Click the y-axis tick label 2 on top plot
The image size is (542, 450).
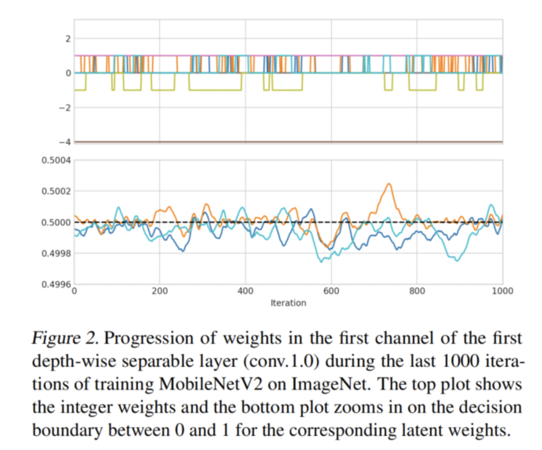coord(68,38)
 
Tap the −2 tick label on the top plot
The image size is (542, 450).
coord(65,108)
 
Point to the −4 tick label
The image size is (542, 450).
coord(65,142)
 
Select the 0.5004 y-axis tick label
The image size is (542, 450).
coord(56,160)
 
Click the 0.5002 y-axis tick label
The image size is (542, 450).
coord(56,191)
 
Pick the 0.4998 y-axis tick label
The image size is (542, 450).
coord(56,253)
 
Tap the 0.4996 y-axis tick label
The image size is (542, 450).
coord(56,284)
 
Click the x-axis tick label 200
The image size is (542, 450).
coord(159,291)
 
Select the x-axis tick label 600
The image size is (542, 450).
coord(331,291)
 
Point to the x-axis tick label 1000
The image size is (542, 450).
coord(502,291)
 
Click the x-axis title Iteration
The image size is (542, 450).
coord(288,303)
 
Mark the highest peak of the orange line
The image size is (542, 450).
coord(389,184)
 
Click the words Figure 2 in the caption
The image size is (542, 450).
coord(65,338)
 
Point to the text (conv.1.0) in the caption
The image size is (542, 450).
coord(280,361)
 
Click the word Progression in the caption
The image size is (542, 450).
coord(149,338)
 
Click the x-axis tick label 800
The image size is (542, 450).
coord(417,291)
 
